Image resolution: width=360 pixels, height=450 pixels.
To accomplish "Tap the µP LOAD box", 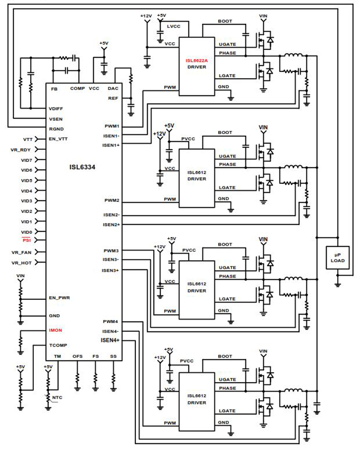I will (x=337, y=258).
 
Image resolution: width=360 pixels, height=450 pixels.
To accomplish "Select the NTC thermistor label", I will (x=57, y=397).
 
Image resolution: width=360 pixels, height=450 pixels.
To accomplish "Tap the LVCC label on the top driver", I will (x=173, y=27).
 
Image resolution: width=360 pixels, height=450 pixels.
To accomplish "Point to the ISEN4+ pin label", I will (x=110, y=340).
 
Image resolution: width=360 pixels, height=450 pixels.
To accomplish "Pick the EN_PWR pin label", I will (x=59, y=298).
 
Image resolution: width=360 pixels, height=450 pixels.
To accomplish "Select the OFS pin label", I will (x=77, y=356).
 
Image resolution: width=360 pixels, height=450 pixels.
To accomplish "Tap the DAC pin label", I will (x=113, y=89).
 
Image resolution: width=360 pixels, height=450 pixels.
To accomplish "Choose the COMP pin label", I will (x=77, y=89).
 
